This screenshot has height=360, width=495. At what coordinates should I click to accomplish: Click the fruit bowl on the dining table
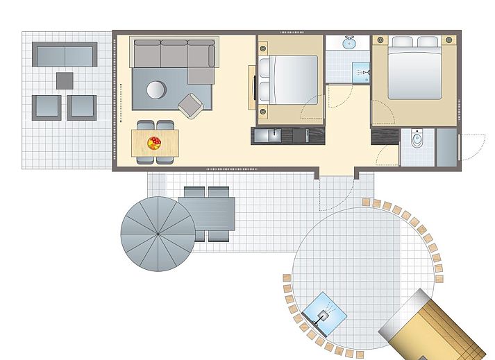pos(154,143)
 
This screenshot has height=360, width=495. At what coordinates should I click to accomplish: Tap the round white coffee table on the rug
pos(156,90)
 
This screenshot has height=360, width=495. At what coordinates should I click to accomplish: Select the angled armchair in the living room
pos(190,105)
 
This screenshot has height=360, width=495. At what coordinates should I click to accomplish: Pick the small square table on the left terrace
pos(65,80)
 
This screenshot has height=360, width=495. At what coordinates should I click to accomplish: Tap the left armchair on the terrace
pos(47,107)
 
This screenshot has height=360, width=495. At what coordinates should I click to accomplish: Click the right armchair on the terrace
pos(81,107)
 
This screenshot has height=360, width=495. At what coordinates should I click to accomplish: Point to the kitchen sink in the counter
pos(267,135)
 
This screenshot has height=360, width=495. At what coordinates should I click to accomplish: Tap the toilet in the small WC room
pos(417,141)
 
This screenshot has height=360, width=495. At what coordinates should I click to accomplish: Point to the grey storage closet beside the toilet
pos(446,147)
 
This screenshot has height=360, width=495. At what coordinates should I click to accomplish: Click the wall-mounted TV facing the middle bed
pos(251,87)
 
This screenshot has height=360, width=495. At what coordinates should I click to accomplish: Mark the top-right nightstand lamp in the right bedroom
pos(450,40)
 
